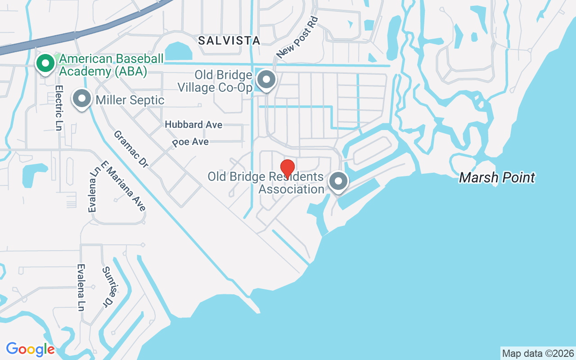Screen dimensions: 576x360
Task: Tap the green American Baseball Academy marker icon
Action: (x=45, y=63)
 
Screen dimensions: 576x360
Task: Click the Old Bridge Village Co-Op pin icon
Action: (x=266, y=80)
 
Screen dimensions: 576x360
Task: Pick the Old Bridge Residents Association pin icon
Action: (x=338, y=182)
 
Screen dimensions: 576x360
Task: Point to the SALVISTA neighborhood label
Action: (x=229, y=40)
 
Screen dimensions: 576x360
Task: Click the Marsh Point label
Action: (x=497, y=178)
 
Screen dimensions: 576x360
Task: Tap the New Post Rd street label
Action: (x=297, y=38)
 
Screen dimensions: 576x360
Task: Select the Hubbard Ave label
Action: (x=193, y=125)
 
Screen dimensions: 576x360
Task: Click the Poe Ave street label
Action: (x=191, y=142)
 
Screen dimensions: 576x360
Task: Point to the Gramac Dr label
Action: (x=131, y=149)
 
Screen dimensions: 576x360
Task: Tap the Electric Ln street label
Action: (x=58, y=108)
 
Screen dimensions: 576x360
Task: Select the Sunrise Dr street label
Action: (x=108, y=287)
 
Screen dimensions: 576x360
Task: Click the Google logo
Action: (x=30, y=349)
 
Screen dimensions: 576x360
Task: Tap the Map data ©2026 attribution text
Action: (x=538, y=353)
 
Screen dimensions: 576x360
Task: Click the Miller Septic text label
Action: (x=130, y=100)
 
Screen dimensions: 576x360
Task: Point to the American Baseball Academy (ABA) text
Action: (x=103, y=65)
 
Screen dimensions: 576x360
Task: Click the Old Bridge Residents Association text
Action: (x=265, y=183)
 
